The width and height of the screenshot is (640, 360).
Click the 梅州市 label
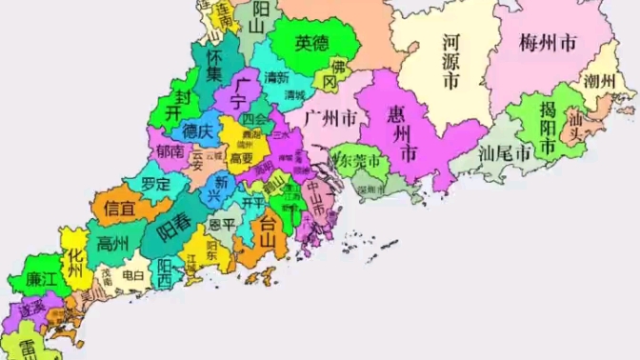pyautogui.click(x=549, y=43)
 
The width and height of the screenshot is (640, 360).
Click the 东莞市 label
pyautogui.click(x=360, y=161)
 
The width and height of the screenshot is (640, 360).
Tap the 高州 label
pyautogui.click(x=113, y=244)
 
